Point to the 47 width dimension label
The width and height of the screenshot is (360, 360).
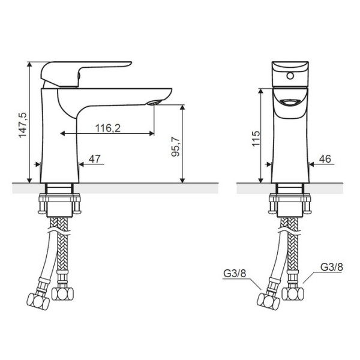coord(94,158)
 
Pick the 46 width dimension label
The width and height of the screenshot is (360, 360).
coord(325,158)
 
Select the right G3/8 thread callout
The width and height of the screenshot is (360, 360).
coord(332,266)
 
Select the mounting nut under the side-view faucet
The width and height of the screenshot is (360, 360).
coord(59,203)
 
